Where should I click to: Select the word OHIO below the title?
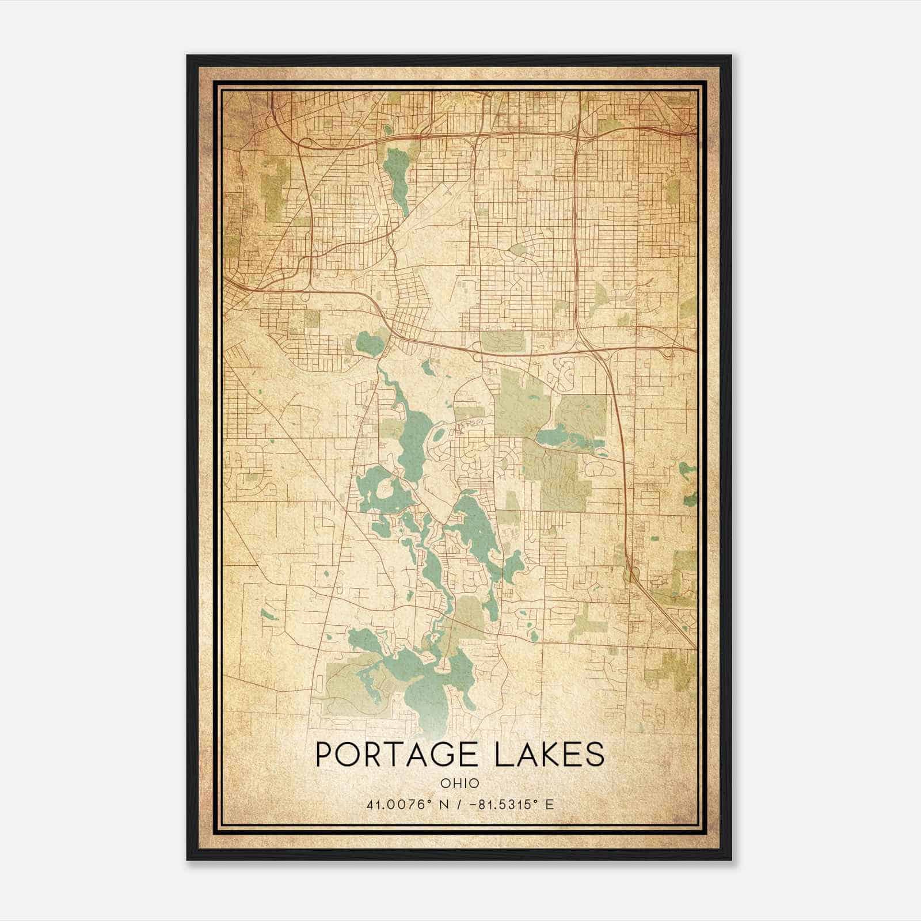pos(460,783)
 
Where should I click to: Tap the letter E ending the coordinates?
pos(550,804)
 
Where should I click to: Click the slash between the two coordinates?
pos(458,804)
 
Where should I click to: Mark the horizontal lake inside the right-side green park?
pos(567,437)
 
